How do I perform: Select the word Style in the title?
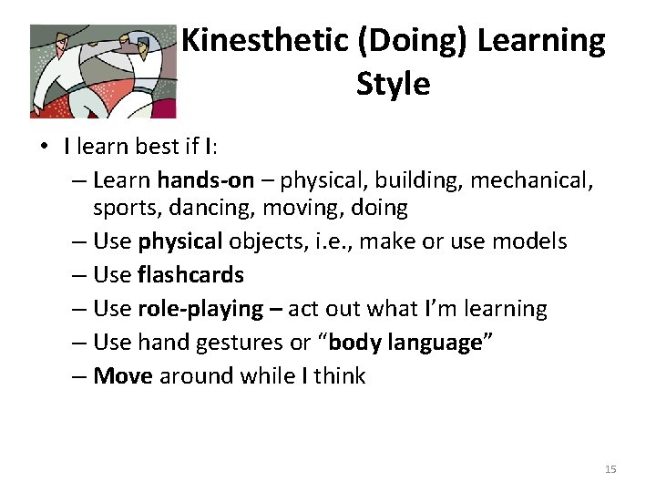pos(393,84)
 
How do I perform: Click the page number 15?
pos(610,469)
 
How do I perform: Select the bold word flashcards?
pos(190,275)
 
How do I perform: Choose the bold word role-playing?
pos(200,309)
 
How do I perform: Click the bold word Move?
pos(122,376)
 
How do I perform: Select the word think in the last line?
pos(338,376)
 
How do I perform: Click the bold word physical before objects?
pos(180,241)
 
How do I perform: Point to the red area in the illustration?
pos(164,108)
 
